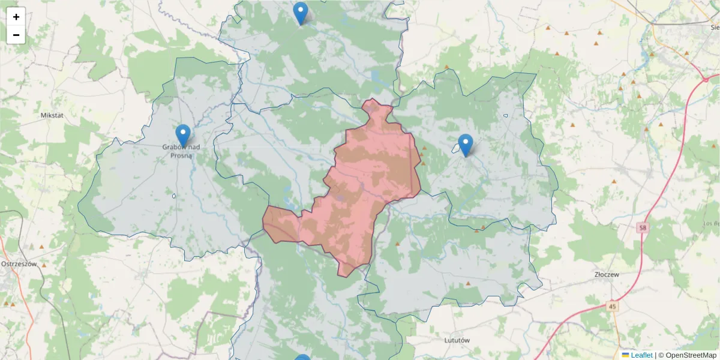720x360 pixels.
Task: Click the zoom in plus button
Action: pos(16,17)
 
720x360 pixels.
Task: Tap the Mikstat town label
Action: pos(52,114)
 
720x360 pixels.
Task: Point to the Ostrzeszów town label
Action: pos(19,263)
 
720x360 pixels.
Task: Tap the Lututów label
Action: pos(455,340)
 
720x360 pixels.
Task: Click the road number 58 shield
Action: pos(643,228)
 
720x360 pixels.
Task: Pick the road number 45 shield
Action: pos(611,307)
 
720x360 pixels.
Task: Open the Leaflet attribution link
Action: pos(641,355)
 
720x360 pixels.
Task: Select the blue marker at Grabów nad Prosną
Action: pos(183,136)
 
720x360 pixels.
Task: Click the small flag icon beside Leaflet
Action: pos(625,355)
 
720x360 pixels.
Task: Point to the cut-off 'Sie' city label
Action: pos(713,27)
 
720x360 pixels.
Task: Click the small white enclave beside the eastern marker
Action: pos(457,150)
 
